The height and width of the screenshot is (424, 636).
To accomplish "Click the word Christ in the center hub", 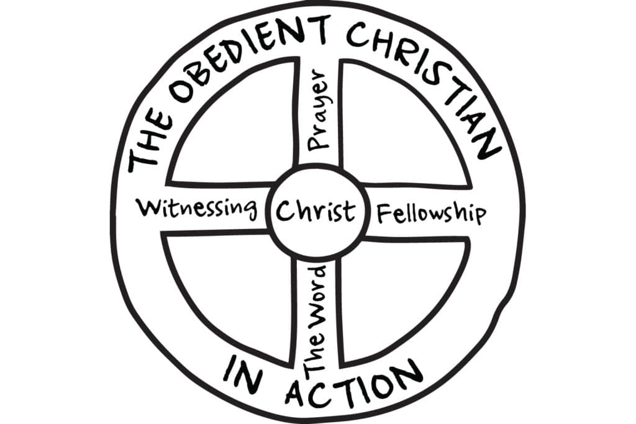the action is click(x=316, y=211).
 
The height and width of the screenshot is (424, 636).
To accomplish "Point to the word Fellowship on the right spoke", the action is click(x=432, y=213).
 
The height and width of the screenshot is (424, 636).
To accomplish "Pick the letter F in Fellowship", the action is click(x=385, y=214).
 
